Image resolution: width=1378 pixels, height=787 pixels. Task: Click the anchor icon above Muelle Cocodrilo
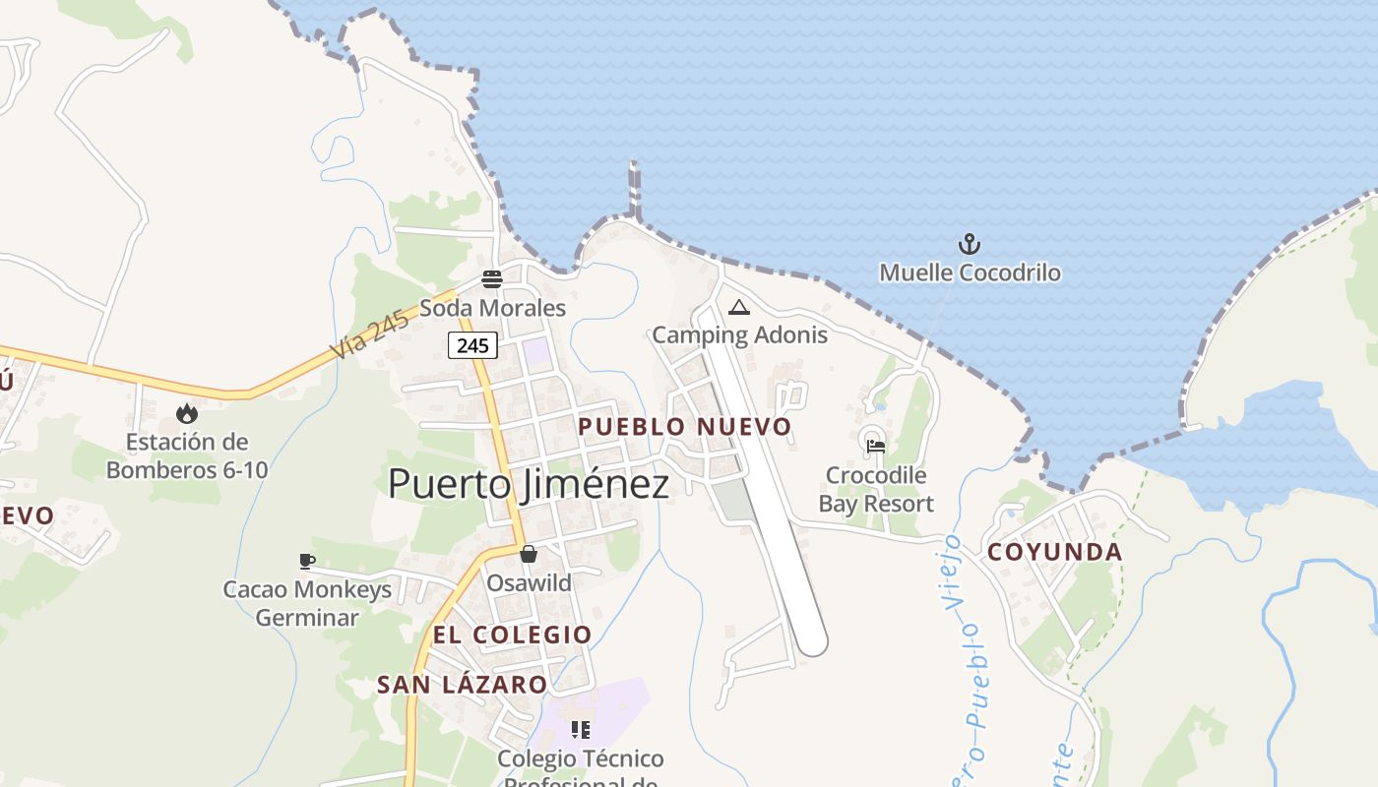[x=970, y=244]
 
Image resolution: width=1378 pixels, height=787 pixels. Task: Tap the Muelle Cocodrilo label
[x=970, y=272]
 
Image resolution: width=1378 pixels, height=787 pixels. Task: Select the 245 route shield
[x=472, y=345]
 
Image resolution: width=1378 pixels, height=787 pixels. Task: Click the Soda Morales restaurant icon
[x=492, y=279]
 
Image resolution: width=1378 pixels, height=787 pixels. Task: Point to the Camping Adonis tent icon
[x=739, y=307]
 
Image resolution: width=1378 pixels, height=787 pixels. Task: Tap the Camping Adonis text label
[x=739, y=334]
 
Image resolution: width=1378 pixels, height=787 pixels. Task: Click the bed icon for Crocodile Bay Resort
[x=875, y=446]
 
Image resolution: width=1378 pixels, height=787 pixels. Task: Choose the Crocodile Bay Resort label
[x=876, y=490]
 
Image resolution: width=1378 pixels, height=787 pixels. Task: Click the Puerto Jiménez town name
[x=528, y=484]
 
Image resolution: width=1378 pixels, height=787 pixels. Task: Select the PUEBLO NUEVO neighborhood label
[x=684, y=427]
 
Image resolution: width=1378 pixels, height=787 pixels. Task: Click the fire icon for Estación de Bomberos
[x=186, y=413]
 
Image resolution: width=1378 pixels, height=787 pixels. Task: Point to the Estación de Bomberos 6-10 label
[x=186, y=456]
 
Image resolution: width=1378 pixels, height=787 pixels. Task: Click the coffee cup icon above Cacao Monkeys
[x=307, y=561]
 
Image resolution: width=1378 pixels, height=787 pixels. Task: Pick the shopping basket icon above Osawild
[x=529, y=554]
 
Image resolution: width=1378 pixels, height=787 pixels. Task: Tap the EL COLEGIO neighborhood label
[x=512, y=636]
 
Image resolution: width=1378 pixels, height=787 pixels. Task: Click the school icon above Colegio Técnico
[x=581, y=730]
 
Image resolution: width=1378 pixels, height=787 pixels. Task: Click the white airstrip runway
[x=768, y=472]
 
